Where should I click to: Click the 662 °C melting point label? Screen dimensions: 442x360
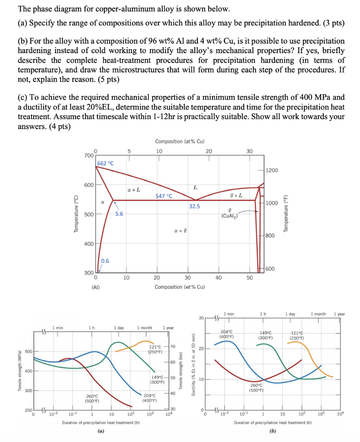click(x=105, y=163)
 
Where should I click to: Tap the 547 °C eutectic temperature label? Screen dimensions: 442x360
click(x=164, y=196)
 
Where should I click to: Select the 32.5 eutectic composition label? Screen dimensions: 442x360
click(x=194, y=206)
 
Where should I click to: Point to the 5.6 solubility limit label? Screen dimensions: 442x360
click(x=119, y=214)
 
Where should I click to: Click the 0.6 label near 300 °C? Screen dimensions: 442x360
click(x=105, y=260)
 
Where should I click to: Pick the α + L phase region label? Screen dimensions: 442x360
click(x=134, y=189)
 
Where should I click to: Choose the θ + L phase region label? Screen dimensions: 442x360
click(x=237, y=196)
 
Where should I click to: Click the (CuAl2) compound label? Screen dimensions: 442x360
click(x=227, y=216)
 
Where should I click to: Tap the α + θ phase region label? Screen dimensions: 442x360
click(x=180, y=231)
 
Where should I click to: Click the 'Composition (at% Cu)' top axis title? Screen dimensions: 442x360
click(x=180, y=142)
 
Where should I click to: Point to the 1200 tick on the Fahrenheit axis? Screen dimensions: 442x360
click(x=272, y=171)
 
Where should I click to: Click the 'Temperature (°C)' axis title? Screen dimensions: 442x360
click(x=76, y=215)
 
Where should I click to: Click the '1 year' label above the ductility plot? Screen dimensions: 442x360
click(x=339, y=314)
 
